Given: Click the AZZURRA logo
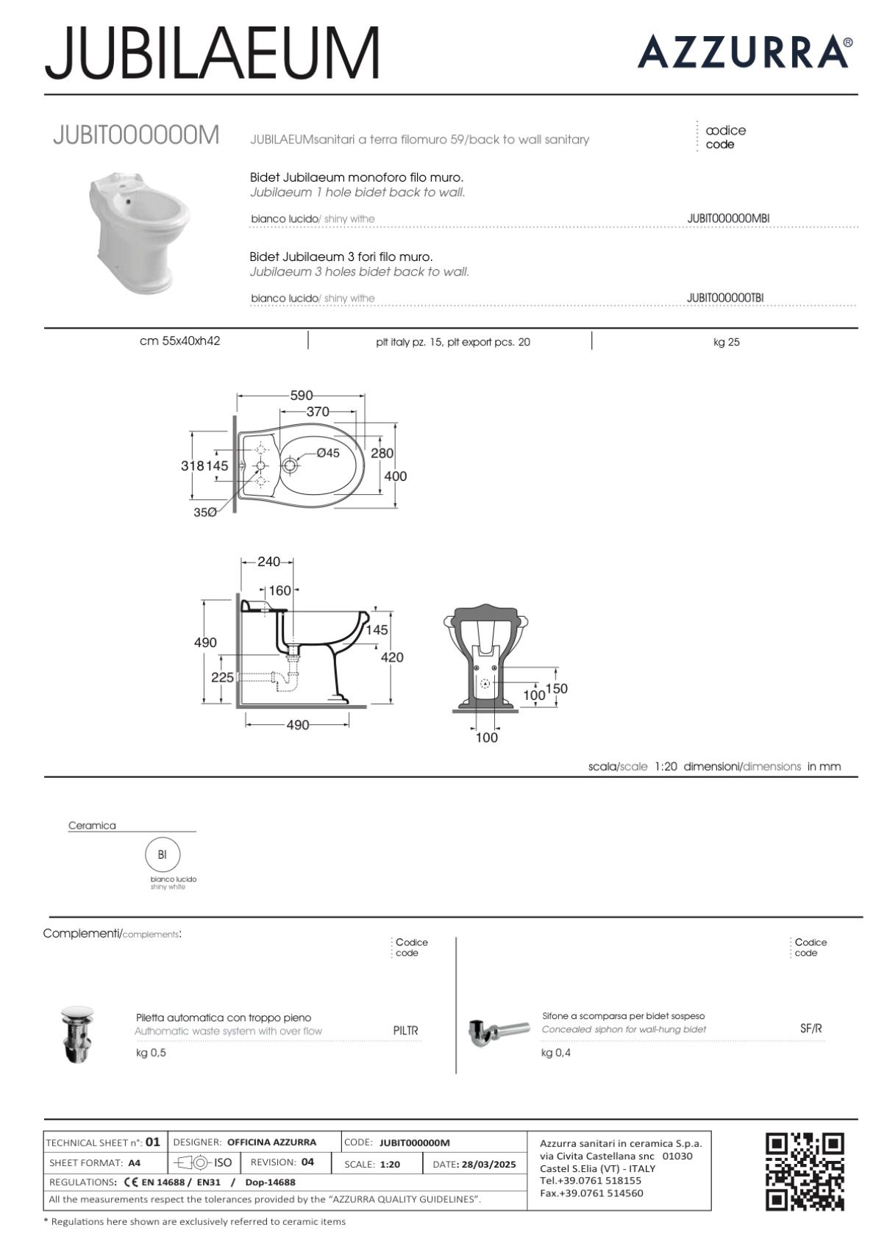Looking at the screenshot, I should pyautogui.click(x=744, y=51).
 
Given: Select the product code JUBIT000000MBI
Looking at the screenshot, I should pyautogui.click(x=727, y=218).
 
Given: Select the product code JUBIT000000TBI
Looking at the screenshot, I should pyautogui.click(x=724, y=298).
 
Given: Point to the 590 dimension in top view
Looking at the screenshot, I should pyautogui.click(x=301, y=395).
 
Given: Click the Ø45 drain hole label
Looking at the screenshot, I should pyautogui.click(x=328, y=453).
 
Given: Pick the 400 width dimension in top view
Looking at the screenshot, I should pyautogui.click(x=395, y=476).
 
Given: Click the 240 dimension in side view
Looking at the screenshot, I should pyautogui.click(x=268, y=562).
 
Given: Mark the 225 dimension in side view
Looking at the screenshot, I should pyautogui.click(x=222, y=677).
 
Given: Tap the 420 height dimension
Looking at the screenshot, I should pyautogui.click(x=392, y=657).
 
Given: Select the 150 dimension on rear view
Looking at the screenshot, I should pyautogui.click(x=557, y=688).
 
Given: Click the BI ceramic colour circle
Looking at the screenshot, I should pyautogui.click(x=163, y=854).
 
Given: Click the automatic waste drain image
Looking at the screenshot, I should pyautogui.click(x=76, y=1034).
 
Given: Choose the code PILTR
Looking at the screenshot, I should pyautogui.click(x=405, y=1031).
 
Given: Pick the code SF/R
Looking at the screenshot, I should pyautogui.click(x=811, y=1029).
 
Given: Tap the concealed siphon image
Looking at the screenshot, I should pyautogui.click(x=498, y=1031).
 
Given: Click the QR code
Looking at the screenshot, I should pyautogui.click(x=805, y=1171).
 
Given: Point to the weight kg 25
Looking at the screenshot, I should pyautogui.click(x=726, y=342).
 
